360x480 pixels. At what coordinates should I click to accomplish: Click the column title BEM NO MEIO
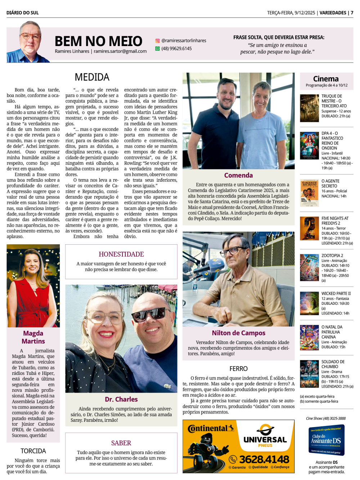click(98, 41)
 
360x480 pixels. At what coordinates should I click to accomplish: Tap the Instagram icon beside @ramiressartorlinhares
click(157, 41)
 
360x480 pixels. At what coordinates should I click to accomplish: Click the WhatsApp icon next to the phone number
click(157, 49)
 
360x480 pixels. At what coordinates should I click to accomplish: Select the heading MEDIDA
click(92, 77)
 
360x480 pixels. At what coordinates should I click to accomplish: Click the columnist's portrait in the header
click(28, 42)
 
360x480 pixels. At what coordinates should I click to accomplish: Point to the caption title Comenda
click(238, 175)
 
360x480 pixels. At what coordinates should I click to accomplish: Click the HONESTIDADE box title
click(121, 254)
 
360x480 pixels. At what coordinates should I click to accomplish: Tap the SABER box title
click(121, 443)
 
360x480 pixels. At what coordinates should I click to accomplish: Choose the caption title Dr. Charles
click(121, 399)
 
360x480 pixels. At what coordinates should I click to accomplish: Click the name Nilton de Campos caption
click(238, 333)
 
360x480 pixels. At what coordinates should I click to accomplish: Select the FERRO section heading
click(238, 368)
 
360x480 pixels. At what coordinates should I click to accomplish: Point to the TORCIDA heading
click(33, 451)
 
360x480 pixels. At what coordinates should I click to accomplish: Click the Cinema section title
click(326, 79)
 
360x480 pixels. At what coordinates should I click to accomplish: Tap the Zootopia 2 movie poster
click(309, 268)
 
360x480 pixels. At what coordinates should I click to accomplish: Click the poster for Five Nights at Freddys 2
click(309, 228)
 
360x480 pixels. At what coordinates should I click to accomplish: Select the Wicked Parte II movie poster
click(309, 303)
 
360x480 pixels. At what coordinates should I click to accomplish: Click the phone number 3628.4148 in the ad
click(264, 459)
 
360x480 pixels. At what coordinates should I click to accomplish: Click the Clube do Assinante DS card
click(327, 440)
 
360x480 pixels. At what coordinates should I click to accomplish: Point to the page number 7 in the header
click(352, 13)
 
